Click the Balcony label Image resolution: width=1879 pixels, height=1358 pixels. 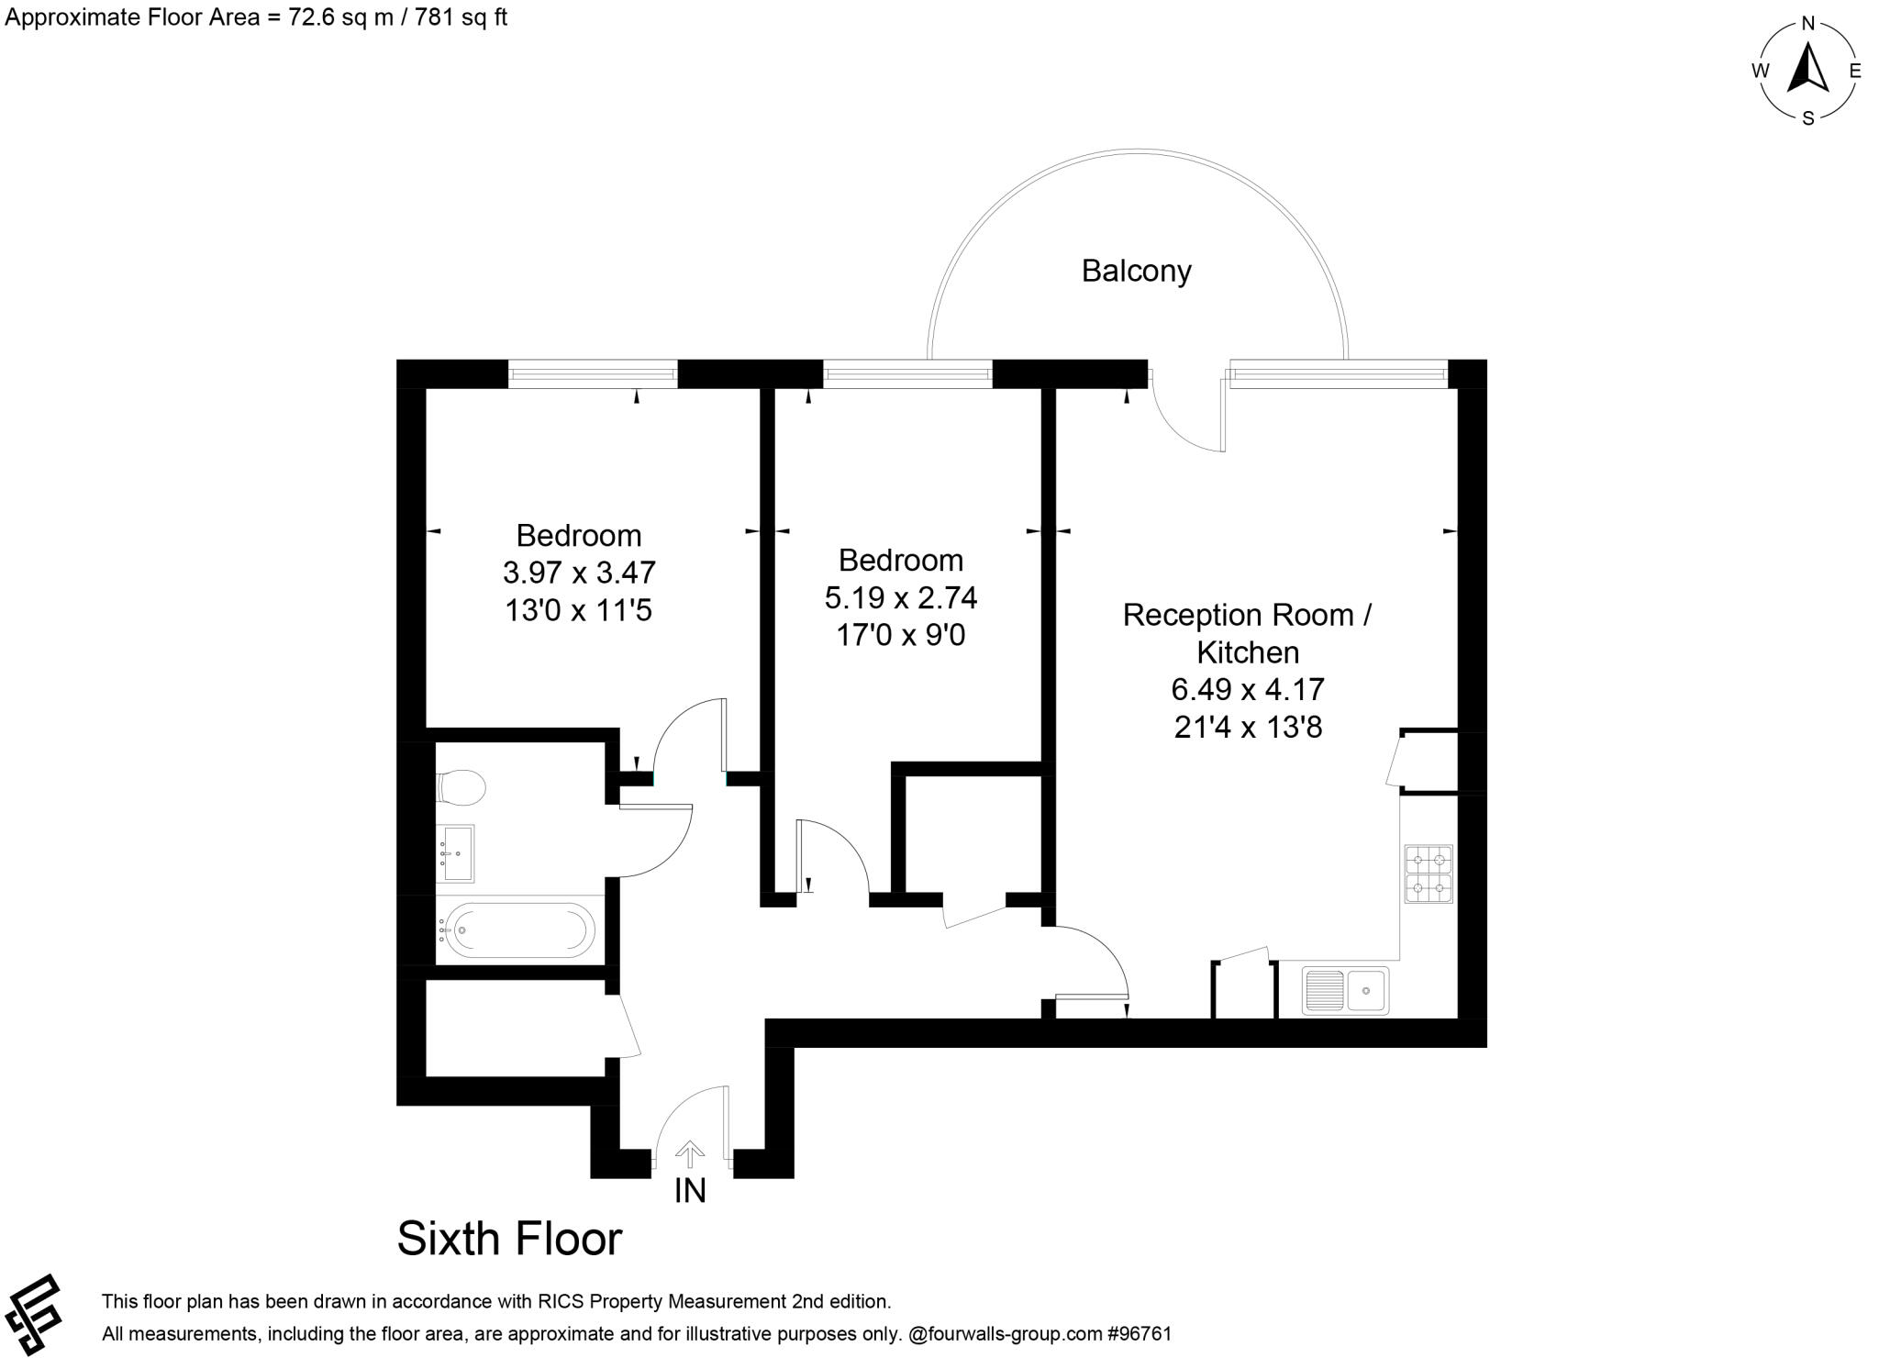(1136, 271)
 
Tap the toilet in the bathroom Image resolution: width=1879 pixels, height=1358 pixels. (461, 787)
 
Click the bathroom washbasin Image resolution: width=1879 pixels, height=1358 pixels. (456, 853)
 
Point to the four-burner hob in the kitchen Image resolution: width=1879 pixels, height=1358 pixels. (1429, 874)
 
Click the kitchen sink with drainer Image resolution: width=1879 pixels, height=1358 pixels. (1345, 991)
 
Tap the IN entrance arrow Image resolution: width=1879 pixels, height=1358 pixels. (690, 1154)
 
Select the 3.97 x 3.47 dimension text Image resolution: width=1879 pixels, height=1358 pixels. (579, 573)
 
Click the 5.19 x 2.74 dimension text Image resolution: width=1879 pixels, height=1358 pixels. (901, 597)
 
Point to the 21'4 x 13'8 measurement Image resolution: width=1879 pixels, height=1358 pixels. (1248, 727)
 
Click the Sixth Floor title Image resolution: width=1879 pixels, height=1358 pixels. (509, 1238)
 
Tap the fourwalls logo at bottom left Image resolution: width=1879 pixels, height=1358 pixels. (33, 1314)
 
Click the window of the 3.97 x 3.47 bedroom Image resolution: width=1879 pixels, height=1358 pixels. (593, 373)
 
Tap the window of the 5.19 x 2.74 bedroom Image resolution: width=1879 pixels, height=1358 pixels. (907, 373)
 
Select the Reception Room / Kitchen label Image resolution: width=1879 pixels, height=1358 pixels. (1248, 633)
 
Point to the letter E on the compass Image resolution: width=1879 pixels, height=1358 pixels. (1854, 71)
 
